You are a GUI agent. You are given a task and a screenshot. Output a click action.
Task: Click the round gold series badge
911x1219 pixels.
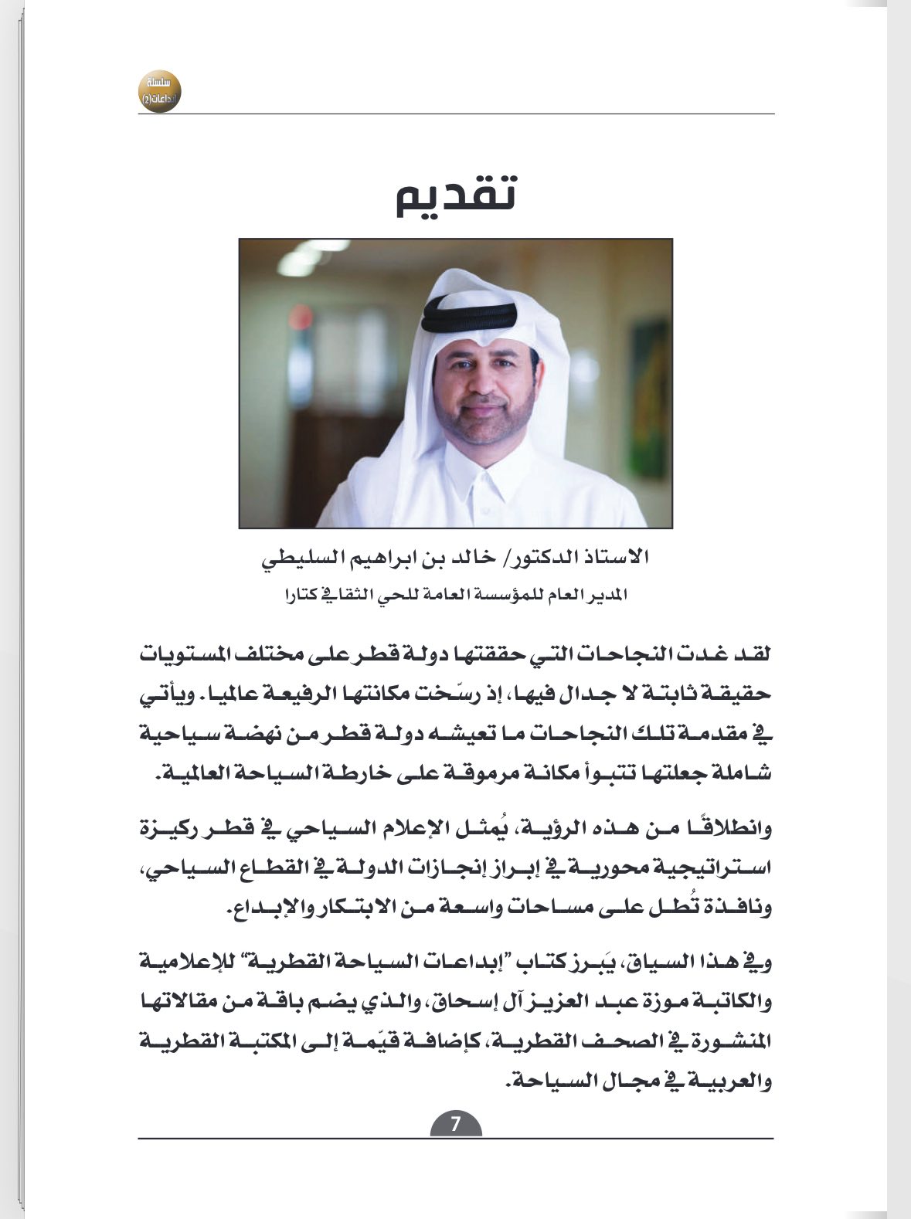click(160, 90)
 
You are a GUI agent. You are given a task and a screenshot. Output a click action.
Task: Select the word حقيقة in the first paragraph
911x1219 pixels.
click(743, 694)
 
